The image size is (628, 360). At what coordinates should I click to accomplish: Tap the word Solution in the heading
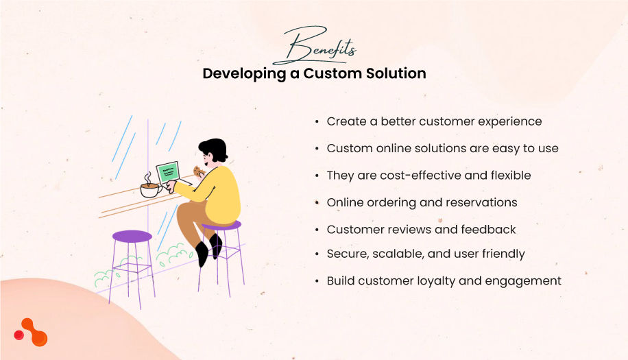[x=398, y=73]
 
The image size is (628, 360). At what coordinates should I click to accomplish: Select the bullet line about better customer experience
[x=434, y=121]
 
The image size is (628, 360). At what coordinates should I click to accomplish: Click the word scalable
[x=398, y=254]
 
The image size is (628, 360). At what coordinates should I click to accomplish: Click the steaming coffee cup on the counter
[x=149, y=189]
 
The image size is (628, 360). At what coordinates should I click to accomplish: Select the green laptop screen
[x=167, y=172]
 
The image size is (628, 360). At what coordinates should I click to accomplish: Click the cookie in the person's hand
[x=197, y=171]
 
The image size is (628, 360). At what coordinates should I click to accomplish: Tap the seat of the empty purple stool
[x=132, y=237]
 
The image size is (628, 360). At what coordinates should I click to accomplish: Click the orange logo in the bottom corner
[x=32, y=333]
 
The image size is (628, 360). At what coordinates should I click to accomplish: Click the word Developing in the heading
[x=243, y=73]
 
